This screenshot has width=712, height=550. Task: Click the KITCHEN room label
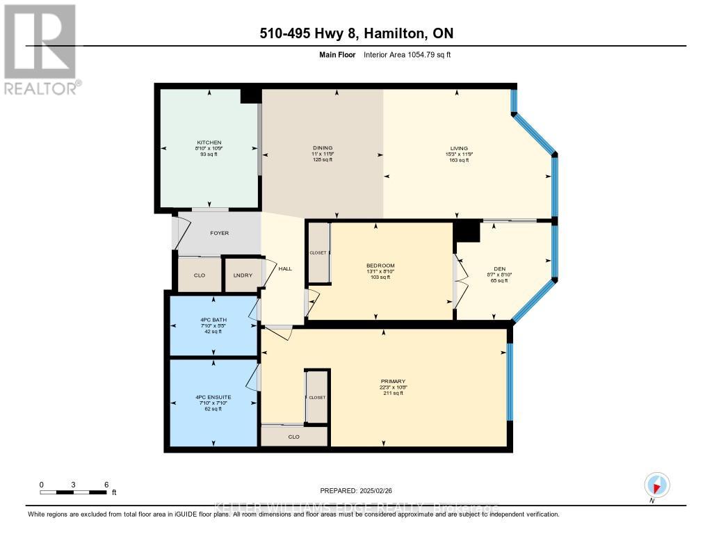(x=209, y=143)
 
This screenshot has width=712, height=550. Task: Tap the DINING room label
(x=322, y=148)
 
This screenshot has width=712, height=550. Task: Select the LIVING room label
(x=459, y=148)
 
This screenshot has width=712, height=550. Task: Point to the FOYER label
(x=219, y=233)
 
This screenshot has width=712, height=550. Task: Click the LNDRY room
(x=241, y=275)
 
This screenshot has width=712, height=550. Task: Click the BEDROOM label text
(x=380, y=266)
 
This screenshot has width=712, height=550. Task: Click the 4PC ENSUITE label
(x=213, y=398)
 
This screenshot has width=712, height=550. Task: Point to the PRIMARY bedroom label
(x=393, y=382)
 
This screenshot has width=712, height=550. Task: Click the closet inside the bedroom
(x=318, y=253)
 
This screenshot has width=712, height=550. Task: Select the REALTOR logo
(x=40, y=49)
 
